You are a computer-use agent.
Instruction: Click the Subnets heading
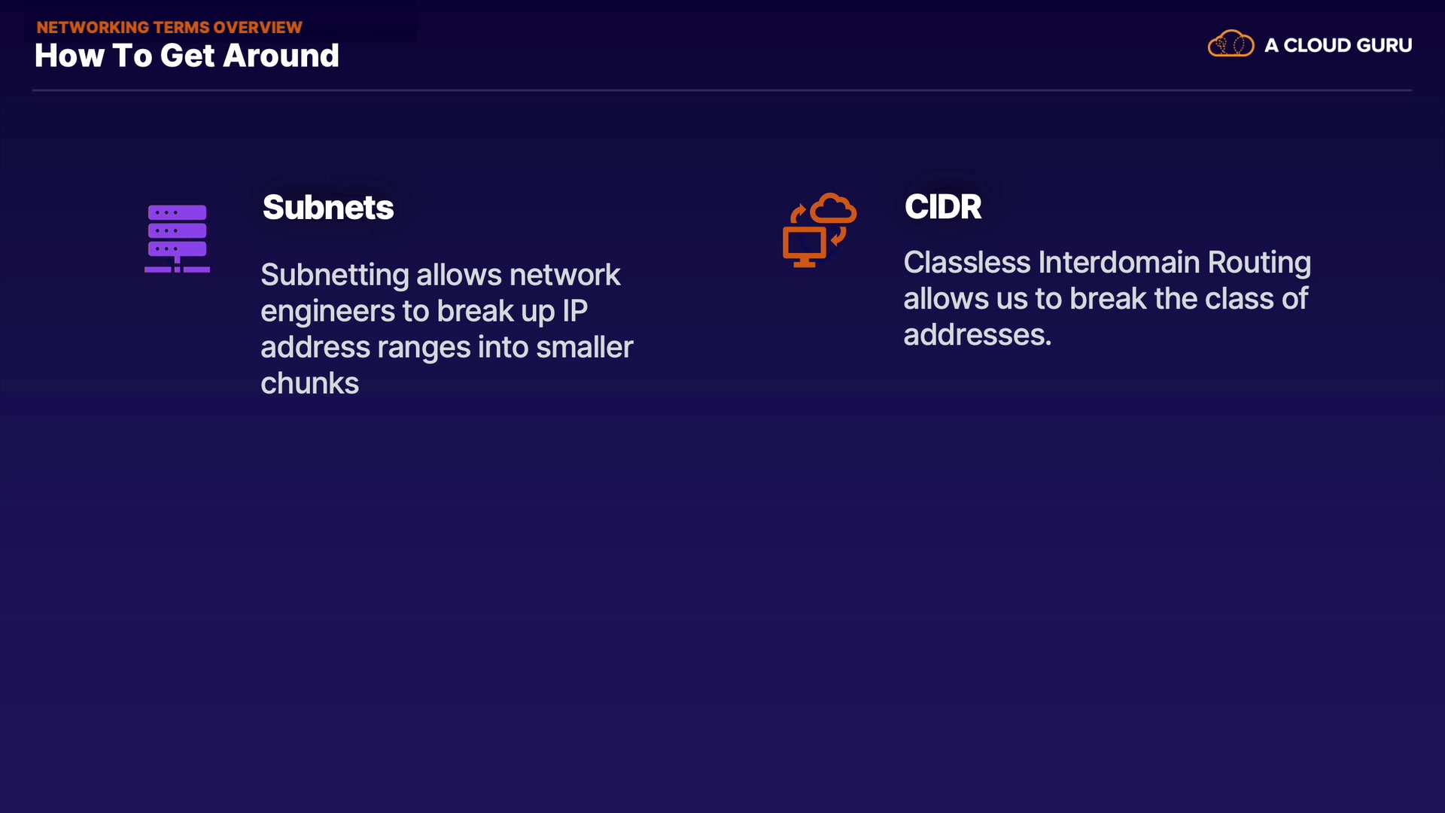[x=328, y=207]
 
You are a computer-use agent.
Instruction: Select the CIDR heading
[x=943, y=206]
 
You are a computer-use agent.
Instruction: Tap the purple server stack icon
[x=177, y=239]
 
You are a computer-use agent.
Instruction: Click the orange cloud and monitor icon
[x=820, y=230]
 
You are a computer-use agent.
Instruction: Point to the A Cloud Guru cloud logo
[x=1231, y=44]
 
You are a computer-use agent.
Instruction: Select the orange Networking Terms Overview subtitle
[x=169, y=27]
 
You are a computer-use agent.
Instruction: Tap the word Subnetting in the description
[x=335, y=276]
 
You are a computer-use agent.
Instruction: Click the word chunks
[x=310, y=383]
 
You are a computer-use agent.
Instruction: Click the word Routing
[x=1259, y=263]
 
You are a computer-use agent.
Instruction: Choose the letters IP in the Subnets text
[x=575, y=311]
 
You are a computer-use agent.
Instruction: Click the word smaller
[x=585, y=347]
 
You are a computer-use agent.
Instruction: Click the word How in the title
[x=69, y=56]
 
